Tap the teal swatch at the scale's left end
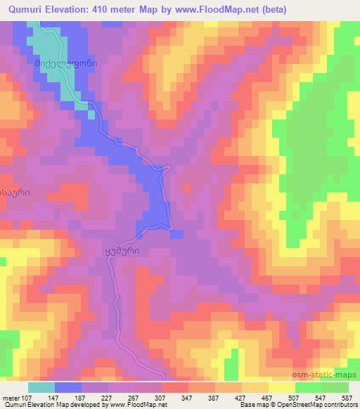coord(41,387)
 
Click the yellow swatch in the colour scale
coord(282,387)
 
